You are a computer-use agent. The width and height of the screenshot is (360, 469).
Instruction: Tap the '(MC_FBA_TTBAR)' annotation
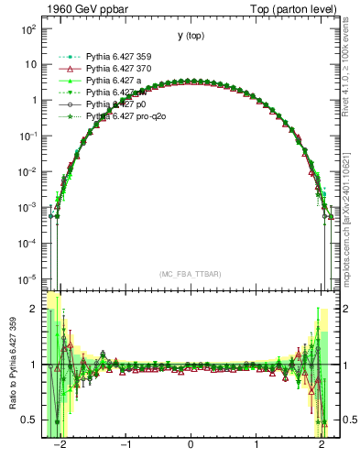pyautogui.click(x=191, y=274)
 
